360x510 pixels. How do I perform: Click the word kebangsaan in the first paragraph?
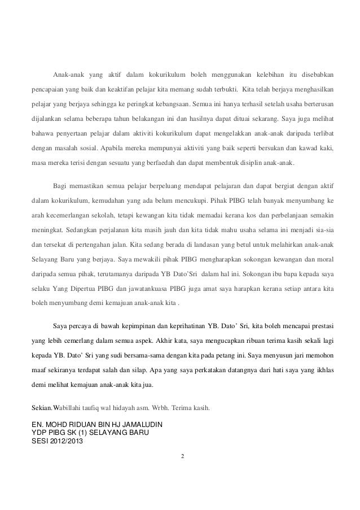(170, 104)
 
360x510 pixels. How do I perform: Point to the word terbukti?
(221, 90)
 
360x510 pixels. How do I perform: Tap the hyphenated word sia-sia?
(322, 229)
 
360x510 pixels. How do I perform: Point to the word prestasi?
(319, 325)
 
